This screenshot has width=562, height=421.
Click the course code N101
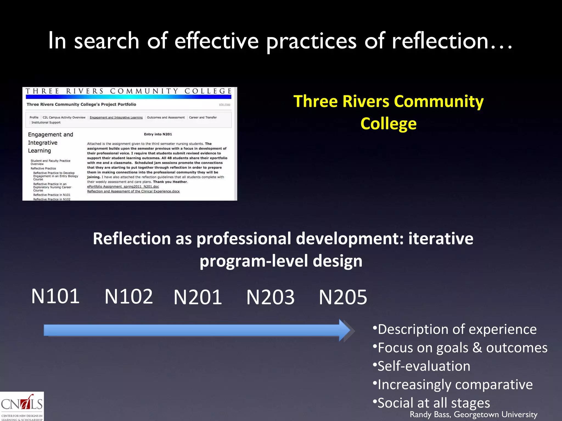[x=55, y=296]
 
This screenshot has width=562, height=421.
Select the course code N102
[x=129, y=297]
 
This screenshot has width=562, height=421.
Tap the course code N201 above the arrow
[x=198, y=297]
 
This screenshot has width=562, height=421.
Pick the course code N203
[x=270, y=297]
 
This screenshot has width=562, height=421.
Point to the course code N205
[x=343, y=297]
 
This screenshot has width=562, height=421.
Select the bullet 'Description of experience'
[x=457, y=329]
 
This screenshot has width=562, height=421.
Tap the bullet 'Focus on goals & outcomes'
[x=462, y=348]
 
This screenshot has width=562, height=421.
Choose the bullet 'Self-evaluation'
[x=424, y=366]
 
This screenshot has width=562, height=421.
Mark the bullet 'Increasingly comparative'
[x=455, y=385]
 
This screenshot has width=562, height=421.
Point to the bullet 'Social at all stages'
[x=434, y=403]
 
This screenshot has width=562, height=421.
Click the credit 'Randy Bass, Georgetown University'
[x=473, y=414]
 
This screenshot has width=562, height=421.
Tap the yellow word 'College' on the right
[x=388, y=124]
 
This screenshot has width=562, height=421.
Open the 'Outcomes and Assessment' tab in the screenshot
[x=166, y=118]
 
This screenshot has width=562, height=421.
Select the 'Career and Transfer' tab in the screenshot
[x=203, y=118]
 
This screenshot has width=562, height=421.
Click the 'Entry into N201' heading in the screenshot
[x=158, y=134]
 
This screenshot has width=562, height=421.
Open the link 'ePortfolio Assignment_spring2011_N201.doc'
[x=123, y=187]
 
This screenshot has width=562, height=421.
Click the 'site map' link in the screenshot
[x=224, y=104]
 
